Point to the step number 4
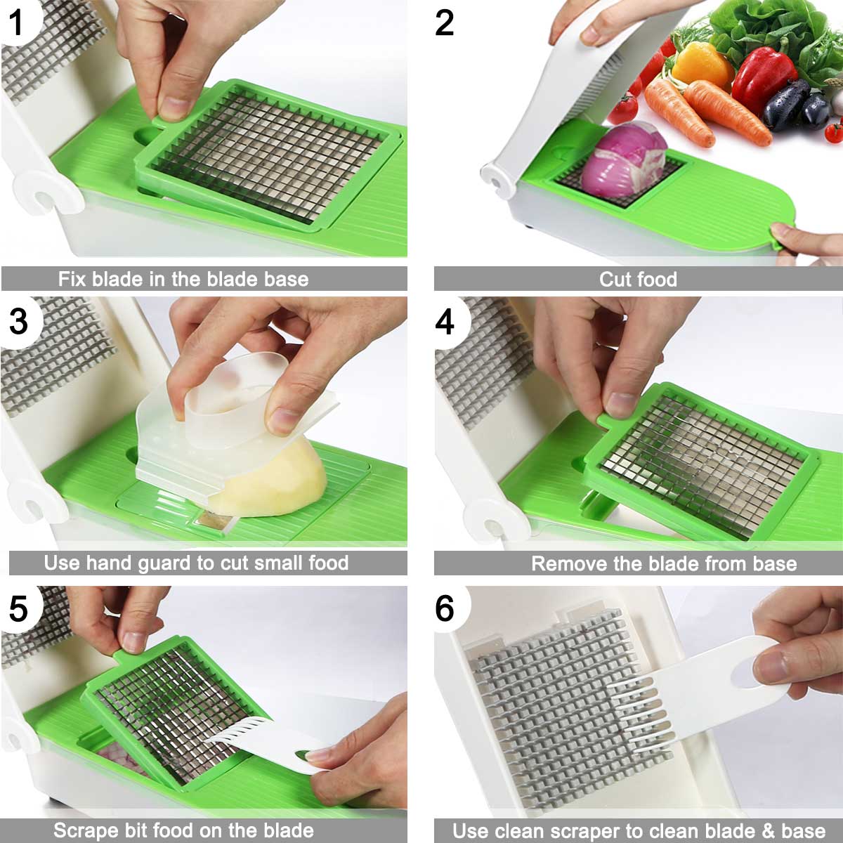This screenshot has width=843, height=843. (x=445, y=322)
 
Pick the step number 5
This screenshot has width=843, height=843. (x=18, y=608)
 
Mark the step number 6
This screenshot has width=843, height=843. (x=445, y=608)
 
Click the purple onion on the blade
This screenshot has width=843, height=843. (x=625, y=161)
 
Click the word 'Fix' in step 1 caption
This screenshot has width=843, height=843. (x=72, y=279)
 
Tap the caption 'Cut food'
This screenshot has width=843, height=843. (x=638, y=279)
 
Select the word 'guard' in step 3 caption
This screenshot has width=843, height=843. (x=165, y=563)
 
